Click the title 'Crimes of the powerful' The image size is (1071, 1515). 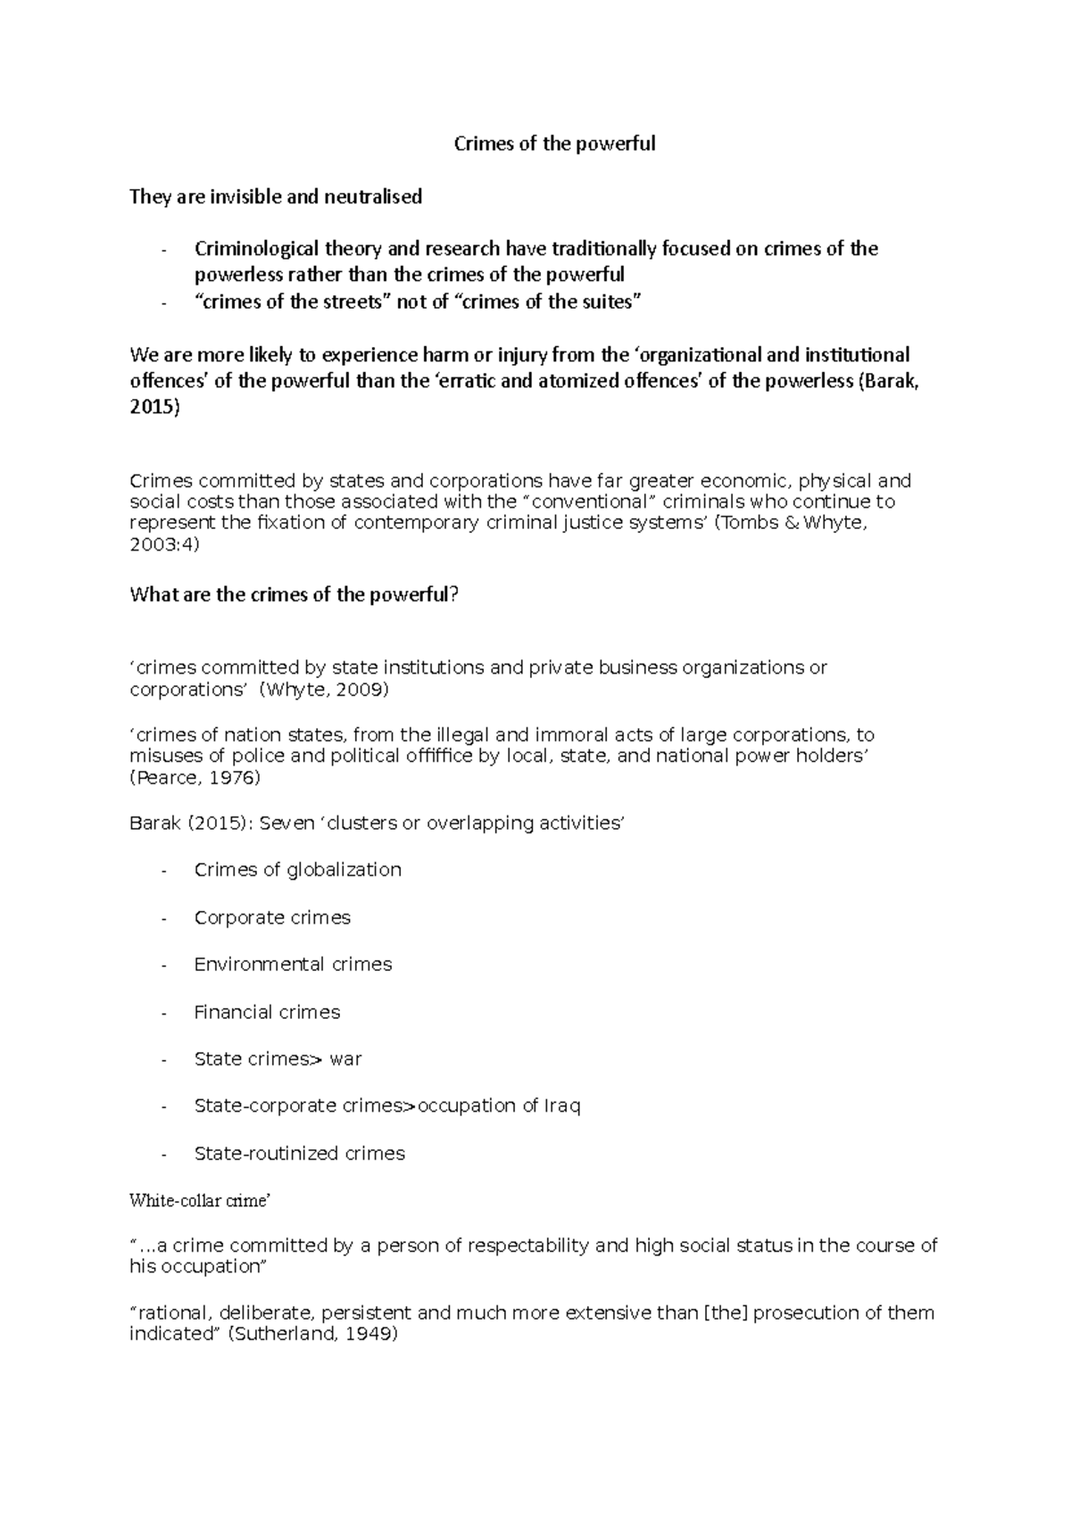point(554,144)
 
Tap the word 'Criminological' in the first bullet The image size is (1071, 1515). point(256,249)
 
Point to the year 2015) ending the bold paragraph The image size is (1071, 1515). point(154,408)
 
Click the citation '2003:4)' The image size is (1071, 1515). point(164,544)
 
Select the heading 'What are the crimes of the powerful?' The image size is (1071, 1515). point(294,594)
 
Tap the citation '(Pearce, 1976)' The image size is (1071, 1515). point(195,778)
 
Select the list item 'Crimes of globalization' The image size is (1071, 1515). point(297,870)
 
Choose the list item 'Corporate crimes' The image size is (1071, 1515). point(272,917)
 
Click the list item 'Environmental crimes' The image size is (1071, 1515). point(293,964)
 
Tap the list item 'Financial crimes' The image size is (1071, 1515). point(267,1012)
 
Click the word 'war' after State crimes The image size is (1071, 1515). point(345,1059)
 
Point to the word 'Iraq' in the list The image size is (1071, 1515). point(562,1106)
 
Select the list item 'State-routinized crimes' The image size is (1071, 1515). point(299,1154)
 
